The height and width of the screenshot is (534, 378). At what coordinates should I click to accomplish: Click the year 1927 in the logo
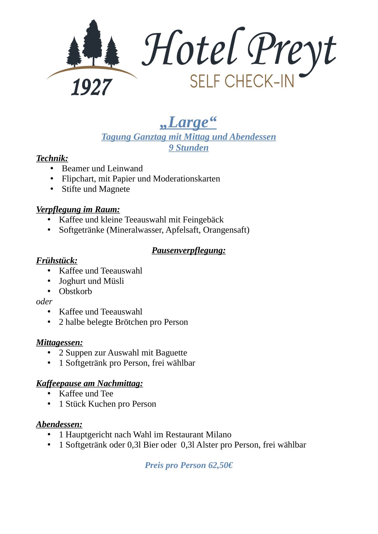(91, 87)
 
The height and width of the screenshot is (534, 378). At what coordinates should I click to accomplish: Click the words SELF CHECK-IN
(242, 81)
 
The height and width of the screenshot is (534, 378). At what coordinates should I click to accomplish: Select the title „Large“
(188, 122)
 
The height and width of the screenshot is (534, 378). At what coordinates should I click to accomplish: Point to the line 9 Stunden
(189, 148)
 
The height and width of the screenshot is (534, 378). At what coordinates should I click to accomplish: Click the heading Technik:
(52, 158)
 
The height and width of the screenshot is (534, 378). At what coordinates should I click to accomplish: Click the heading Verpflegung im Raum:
(78, 209)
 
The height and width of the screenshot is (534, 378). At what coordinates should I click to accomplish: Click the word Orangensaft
(226, 230)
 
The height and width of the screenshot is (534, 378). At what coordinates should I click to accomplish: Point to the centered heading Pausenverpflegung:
(189, 250)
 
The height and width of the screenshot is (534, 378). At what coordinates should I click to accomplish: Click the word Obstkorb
(75, 291)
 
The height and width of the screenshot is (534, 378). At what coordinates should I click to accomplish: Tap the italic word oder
(44, 301)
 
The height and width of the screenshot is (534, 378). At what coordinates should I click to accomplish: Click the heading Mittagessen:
(59, 342)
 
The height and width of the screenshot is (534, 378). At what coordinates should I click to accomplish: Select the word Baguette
(171, 353)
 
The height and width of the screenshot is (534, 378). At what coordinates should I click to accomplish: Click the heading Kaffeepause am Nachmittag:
(89, 383)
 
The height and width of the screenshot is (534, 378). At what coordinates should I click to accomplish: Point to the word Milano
(218, 434)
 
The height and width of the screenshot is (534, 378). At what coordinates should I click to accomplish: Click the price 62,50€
(220, 465)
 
